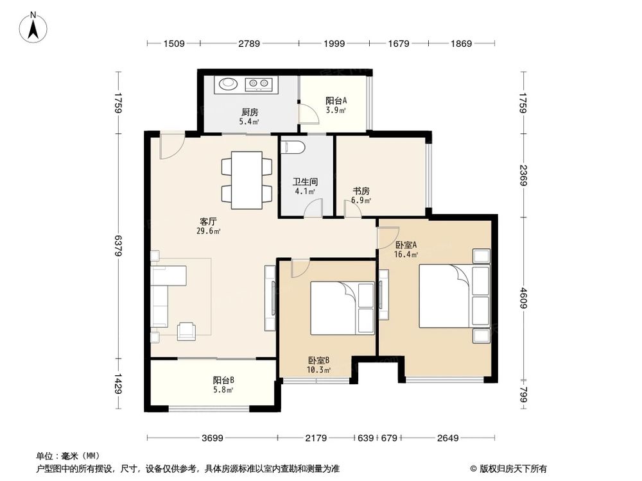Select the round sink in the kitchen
click(x=227, y=83)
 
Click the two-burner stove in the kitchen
click(x=260, y=83)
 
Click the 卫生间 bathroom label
click(x=304, y=181)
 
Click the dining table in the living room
click(x=247, y=180)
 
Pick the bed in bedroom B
click(x=334, y=308)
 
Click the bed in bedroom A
click(x=446, y=296)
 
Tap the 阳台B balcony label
click(x=223, y=380)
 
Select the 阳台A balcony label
click(x=336, y=101)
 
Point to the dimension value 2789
click(x=249, y=44)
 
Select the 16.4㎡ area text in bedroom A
click(x=406, y=254)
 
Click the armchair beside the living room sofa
click(x=187, y=329)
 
